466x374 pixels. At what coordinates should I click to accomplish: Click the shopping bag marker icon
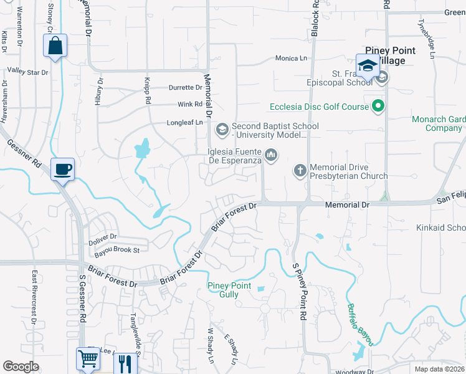coord(55,46)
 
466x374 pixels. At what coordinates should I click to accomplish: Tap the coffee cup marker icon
coord(62,169)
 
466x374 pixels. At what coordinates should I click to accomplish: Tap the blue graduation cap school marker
coord(368,65)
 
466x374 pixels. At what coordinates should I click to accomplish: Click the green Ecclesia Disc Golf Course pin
coord(378,107)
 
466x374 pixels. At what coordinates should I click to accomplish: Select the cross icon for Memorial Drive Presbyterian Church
coord(300,170)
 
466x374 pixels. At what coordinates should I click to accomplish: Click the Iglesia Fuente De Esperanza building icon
coord(270,153)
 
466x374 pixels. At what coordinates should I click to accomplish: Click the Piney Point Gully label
coord(229,290)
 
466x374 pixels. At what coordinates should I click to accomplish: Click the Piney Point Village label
coord(385,55)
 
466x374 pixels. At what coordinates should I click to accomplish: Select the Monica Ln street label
coord(292,58)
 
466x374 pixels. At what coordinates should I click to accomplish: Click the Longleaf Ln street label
coord(185,123)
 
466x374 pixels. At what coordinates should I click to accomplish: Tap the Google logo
coord(21,367)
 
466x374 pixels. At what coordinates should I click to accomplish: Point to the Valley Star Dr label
coord(27,72)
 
